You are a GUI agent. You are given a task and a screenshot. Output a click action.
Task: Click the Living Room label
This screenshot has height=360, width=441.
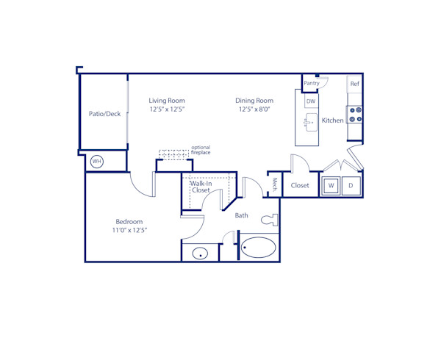pos(167,101)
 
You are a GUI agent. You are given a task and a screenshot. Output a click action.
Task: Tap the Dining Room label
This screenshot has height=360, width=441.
pos(254,101)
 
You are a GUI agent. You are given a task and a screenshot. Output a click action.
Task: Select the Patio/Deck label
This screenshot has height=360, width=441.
pos(104,114)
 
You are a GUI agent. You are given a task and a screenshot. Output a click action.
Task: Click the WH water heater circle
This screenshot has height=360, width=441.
pos(97,161)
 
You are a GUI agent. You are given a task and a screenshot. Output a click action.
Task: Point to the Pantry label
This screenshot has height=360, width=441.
pos(312,84)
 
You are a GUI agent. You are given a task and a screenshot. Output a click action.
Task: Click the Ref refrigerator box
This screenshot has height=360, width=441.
pos(354,84)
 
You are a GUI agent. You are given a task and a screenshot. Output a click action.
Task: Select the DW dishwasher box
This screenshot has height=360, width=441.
pos(311,101)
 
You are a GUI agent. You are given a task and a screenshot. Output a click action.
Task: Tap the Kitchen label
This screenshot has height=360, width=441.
pos(332,120)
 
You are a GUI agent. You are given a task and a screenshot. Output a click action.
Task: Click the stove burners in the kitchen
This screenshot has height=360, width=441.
pos(354,115)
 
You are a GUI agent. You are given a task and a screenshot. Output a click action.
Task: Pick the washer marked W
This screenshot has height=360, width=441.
pos(331,186)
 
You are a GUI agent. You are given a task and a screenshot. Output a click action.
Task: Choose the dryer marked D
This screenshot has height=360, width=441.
pos(351,186)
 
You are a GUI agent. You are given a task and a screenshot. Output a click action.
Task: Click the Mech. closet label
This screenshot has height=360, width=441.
pos(274,185)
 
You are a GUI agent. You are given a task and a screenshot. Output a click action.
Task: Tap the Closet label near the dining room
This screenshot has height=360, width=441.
pos(300,186)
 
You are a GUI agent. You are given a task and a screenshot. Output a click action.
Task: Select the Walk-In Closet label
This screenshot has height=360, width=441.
pos(201,187)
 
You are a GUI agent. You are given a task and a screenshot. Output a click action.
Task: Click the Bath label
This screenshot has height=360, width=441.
pos(242,216)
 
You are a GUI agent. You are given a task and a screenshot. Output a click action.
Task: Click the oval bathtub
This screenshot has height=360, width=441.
pos(259,248)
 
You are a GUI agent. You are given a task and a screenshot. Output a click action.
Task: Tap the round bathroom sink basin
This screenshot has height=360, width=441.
pos(199,253)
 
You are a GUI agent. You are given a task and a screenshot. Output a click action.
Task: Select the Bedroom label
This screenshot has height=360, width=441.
pos(129,221)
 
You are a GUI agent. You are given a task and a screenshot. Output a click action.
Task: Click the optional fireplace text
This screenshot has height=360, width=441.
pos(201,150)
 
